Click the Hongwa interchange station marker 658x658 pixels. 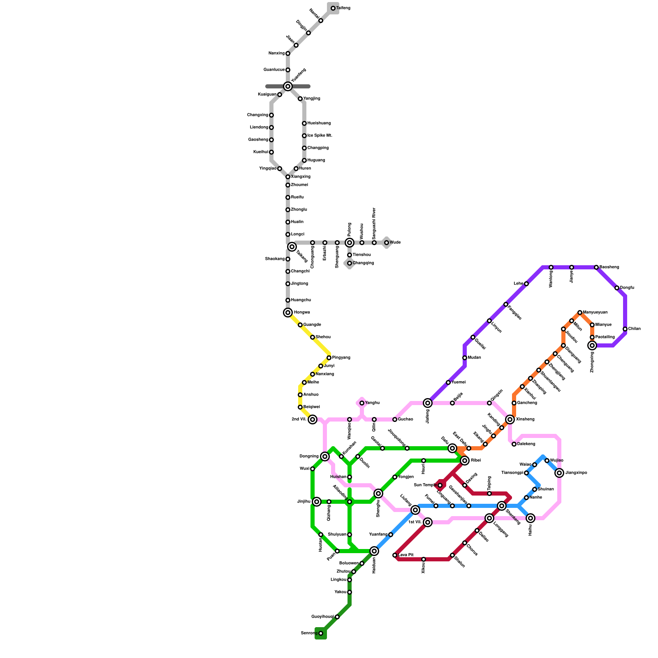point(288,313)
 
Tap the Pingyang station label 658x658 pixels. point(341,358)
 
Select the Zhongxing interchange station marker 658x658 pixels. point(592,345)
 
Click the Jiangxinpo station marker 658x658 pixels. point(559,473)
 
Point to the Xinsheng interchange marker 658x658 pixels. point(510,419)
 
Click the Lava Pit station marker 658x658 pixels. point(395,555)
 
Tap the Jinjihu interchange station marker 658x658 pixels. point(317,502)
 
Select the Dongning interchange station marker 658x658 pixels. point(325,456)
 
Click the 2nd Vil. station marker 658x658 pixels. point(313,419)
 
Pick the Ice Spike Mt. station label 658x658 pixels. point(320,136)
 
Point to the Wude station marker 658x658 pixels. point(387,243)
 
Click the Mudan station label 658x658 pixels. point(474,358)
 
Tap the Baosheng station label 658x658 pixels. point(609,267)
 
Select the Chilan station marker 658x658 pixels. point(625,329)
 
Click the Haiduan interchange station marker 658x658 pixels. point(374,551)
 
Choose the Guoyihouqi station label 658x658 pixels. point(322,617)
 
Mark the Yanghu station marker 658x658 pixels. point(362,403)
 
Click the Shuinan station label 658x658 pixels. point(546,489)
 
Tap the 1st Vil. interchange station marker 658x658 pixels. point(428,522)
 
